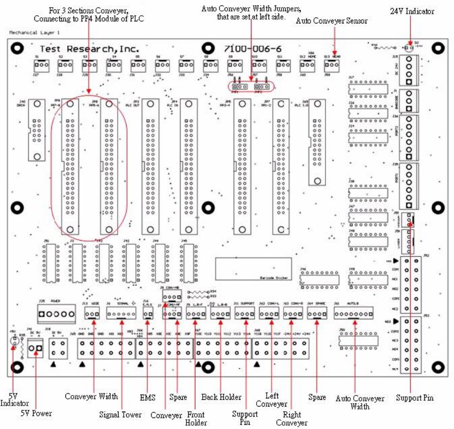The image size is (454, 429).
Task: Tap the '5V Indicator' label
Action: [x=14, y=399]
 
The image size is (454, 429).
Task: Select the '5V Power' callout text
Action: [x=36, y=413]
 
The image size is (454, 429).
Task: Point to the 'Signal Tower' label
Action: [x=120, y=414]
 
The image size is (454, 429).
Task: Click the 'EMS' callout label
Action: [x=147, y=397]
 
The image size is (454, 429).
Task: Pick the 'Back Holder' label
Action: [x=221, y=397]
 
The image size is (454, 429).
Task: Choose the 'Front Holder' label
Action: [x=196, y=418]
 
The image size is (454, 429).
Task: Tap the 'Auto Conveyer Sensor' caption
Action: [x=332, y=21]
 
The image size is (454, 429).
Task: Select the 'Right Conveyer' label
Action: [x=292, y=418]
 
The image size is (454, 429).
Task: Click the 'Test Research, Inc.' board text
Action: [x=89, y=49]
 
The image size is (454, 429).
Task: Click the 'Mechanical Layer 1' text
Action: [x=35, y=33]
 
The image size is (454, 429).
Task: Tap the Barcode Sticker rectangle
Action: [x=253, y=269]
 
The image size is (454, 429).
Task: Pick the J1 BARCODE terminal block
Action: [x=409, y=100]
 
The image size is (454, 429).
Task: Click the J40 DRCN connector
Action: [x=34, y=130]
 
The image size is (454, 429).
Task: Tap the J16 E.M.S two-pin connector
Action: [x=148, y=314]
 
